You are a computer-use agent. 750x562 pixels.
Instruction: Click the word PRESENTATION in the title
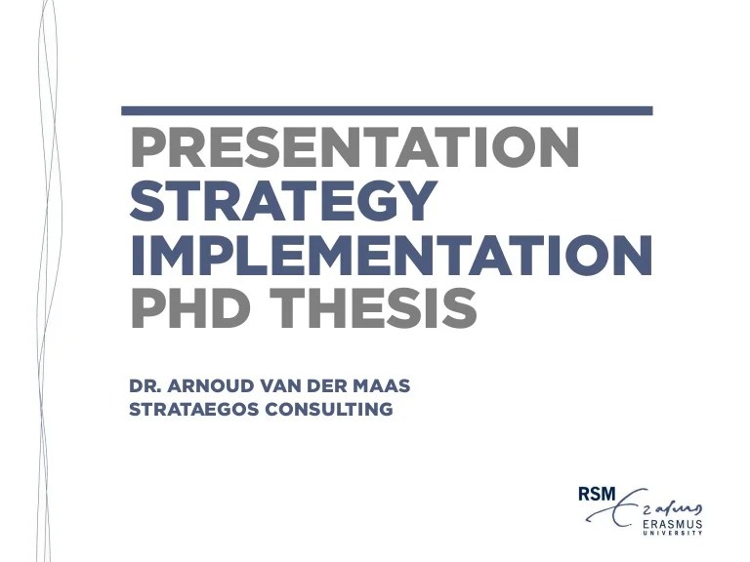354,149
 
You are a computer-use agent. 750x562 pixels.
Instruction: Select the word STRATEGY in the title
282,201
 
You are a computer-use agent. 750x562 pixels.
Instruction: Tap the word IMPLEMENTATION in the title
391,254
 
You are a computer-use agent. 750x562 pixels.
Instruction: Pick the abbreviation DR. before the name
144,386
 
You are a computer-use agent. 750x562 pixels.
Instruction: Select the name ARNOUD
202,386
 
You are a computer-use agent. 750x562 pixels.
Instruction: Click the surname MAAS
384,386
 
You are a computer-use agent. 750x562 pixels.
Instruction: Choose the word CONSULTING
328,410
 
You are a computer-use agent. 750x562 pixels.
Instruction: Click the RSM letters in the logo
597,495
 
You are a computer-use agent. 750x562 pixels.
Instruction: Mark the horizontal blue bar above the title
387,111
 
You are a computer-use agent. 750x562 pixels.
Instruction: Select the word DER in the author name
326,386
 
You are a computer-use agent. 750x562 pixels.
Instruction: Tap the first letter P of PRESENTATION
146,149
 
